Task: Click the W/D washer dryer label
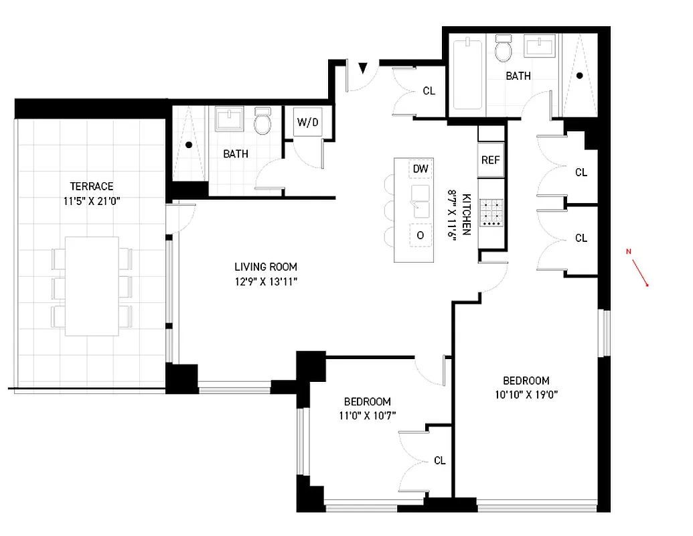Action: pyautogui.click(x=308, y=123)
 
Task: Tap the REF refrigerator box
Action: pyautogui.click(x=491, y=161)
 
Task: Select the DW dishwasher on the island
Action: pyautogui.click(x=420, y=169)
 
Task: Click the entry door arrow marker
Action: pyautogui.click(x=363, y=68)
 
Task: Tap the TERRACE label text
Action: pyautogui.click(x=91, y=186)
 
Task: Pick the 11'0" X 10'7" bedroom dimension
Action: pyautogui.click(x=367, y=415)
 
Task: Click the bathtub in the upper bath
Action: pyautogui.click(x=467, y=75)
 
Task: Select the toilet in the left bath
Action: pyautogui.click(x=263, y=122)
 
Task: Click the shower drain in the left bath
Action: pyautogui.click(x=189, y=145)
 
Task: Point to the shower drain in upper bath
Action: pyautogui.click(x=580, y=76)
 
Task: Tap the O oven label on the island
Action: pyautogui.click(x=420, y=235)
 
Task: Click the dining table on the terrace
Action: pyautogui.click(x=92, y=286)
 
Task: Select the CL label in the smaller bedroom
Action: pyautogui.click(x=440, y=460)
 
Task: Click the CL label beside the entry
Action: pyautogui.click(x=429, y=90)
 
